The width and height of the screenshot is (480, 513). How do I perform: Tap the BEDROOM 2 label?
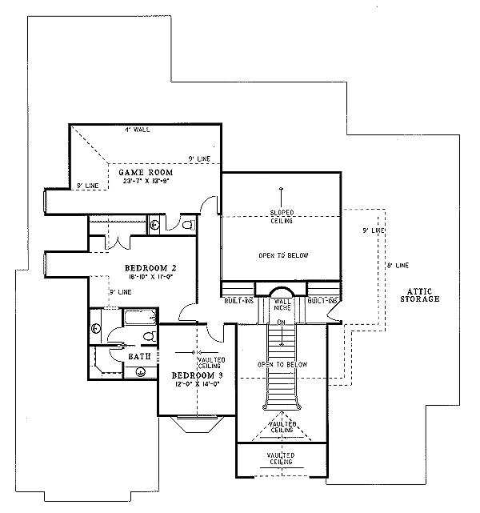(150, 267)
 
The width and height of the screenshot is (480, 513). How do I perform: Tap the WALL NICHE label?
(281, 304)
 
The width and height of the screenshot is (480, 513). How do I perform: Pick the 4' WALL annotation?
(137, 129)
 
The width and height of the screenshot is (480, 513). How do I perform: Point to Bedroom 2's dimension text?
(150, 276)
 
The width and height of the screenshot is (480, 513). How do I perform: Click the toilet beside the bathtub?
(98, 328)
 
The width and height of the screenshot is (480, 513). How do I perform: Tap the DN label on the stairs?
(281, 322)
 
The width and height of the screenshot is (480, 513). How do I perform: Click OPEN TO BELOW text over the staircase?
(282, 364)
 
